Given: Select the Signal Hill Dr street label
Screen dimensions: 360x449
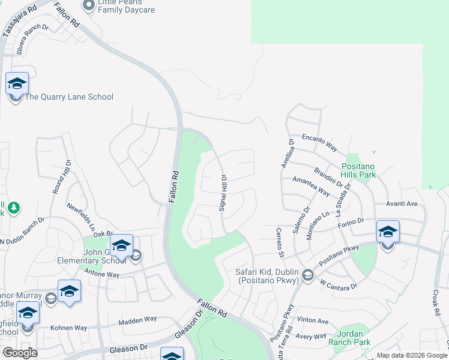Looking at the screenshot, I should pyautogui.click(x=222, y=193).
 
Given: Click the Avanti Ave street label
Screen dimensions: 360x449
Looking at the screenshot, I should pyautogui.click(x=402, y=204).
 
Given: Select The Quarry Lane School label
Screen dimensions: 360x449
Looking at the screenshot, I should pyautogui.click(x=68, y=97).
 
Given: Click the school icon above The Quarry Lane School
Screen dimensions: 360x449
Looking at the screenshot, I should pyautogui.click(x=17, y=83).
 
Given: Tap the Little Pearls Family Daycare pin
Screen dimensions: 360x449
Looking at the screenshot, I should pyautogui.click(x=89, y=6).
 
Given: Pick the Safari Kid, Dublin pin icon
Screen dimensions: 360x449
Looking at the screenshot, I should pyautogui.click(x=308, y=275).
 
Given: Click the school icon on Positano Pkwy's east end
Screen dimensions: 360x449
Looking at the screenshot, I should pyautogui.click(x=388, y=232).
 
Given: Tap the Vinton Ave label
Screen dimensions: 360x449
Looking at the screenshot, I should pyautogui.click(x=313, y=321).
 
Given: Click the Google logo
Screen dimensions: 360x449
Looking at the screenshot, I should pyautogui.click(x=20, y=353).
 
